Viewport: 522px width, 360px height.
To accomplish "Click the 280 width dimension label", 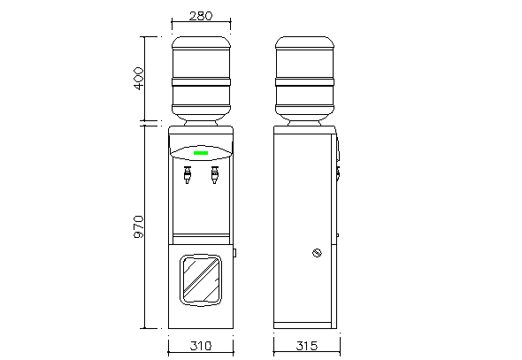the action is pos(201,16).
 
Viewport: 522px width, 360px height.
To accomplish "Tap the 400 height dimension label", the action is pos(139,79).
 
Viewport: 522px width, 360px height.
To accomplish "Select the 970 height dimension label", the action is pos(139,227).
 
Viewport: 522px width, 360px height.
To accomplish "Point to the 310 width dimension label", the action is pos(201,346).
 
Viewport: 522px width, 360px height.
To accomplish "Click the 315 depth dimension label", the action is pos(307,346).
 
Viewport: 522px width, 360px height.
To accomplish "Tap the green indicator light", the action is pos(201,153).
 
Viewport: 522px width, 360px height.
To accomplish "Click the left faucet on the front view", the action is pos(188,175).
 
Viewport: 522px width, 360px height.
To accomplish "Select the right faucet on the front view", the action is pos(215,175).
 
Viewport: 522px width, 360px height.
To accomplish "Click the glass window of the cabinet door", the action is pos(201,280).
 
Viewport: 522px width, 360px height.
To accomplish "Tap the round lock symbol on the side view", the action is pos(317,253).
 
